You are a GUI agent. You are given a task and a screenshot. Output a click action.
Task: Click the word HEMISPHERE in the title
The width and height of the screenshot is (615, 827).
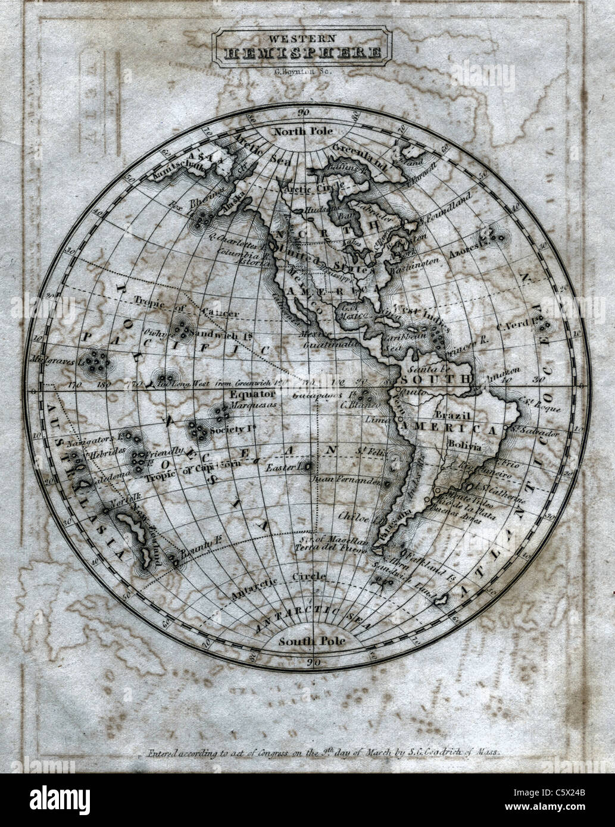pos(302,53)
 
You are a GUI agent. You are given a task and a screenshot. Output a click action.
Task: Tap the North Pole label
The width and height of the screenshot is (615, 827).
pos(302,131)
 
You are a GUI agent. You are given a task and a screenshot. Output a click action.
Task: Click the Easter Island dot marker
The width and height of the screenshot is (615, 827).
pos(308,466)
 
